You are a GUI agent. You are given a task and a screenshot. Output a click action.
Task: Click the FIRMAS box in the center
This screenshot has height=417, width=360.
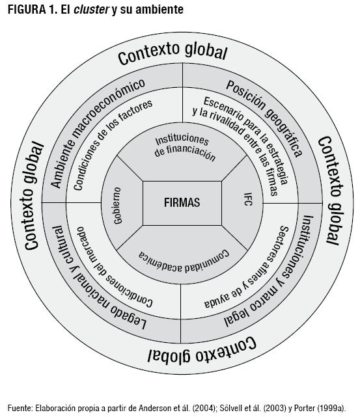pyautogui.click(x=182, y=202)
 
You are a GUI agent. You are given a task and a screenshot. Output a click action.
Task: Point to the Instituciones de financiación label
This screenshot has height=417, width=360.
pyautogui.click(x=183, y=148)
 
